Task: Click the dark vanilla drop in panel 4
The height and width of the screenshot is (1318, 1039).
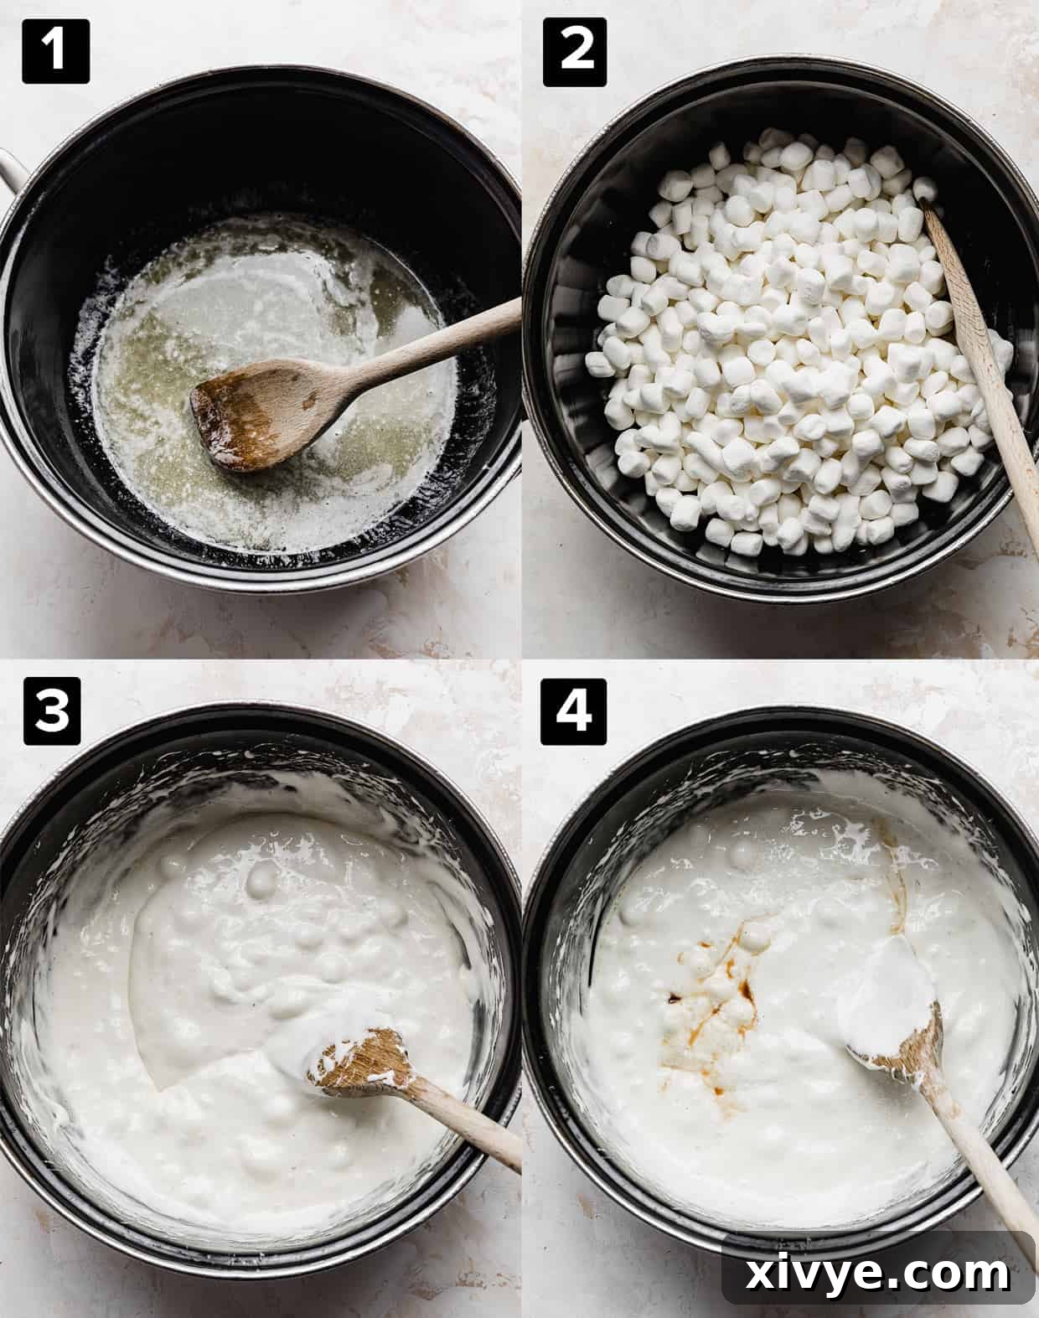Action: pyautogui.click(x=673, y=998)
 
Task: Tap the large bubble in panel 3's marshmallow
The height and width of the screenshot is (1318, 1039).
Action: pyautogui.click(x=261, y=879)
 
